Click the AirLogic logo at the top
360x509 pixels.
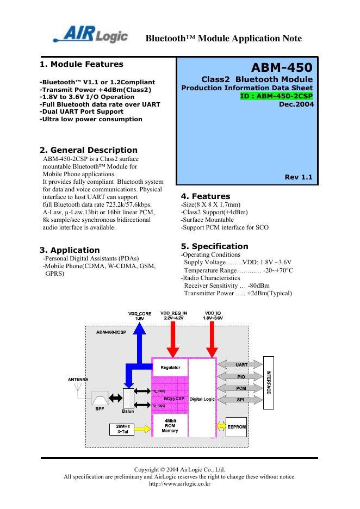click(x=91, y=35)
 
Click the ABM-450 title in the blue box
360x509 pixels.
click(x=281, y=68)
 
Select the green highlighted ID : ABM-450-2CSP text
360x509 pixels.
click(x=276, y=95)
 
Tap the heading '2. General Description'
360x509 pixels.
click(x=89, y=150)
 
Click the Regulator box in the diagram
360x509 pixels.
click(x=170, y=368)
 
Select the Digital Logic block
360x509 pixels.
click(x=202, y=399)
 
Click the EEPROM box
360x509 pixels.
click(x=237, y=427)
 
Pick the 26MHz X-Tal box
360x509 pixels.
click(x=122, y=429)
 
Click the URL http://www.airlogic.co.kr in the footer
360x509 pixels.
click(x=179, y=484)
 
